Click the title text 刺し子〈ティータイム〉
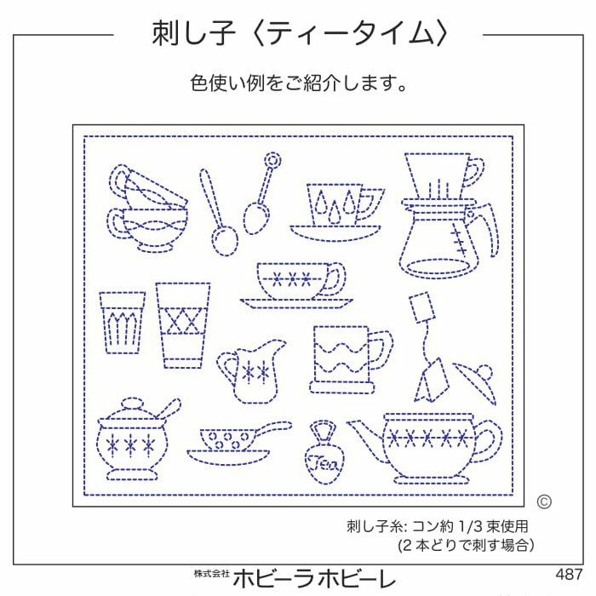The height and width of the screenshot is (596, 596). tap(298, 35)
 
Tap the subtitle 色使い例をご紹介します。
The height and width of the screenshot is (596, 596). tap(298, 85)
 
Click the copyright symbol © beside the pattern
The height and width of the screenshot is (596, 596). tap(545, 501)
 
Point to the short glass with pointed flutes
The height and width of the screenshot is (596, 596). tap(121, 322)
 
